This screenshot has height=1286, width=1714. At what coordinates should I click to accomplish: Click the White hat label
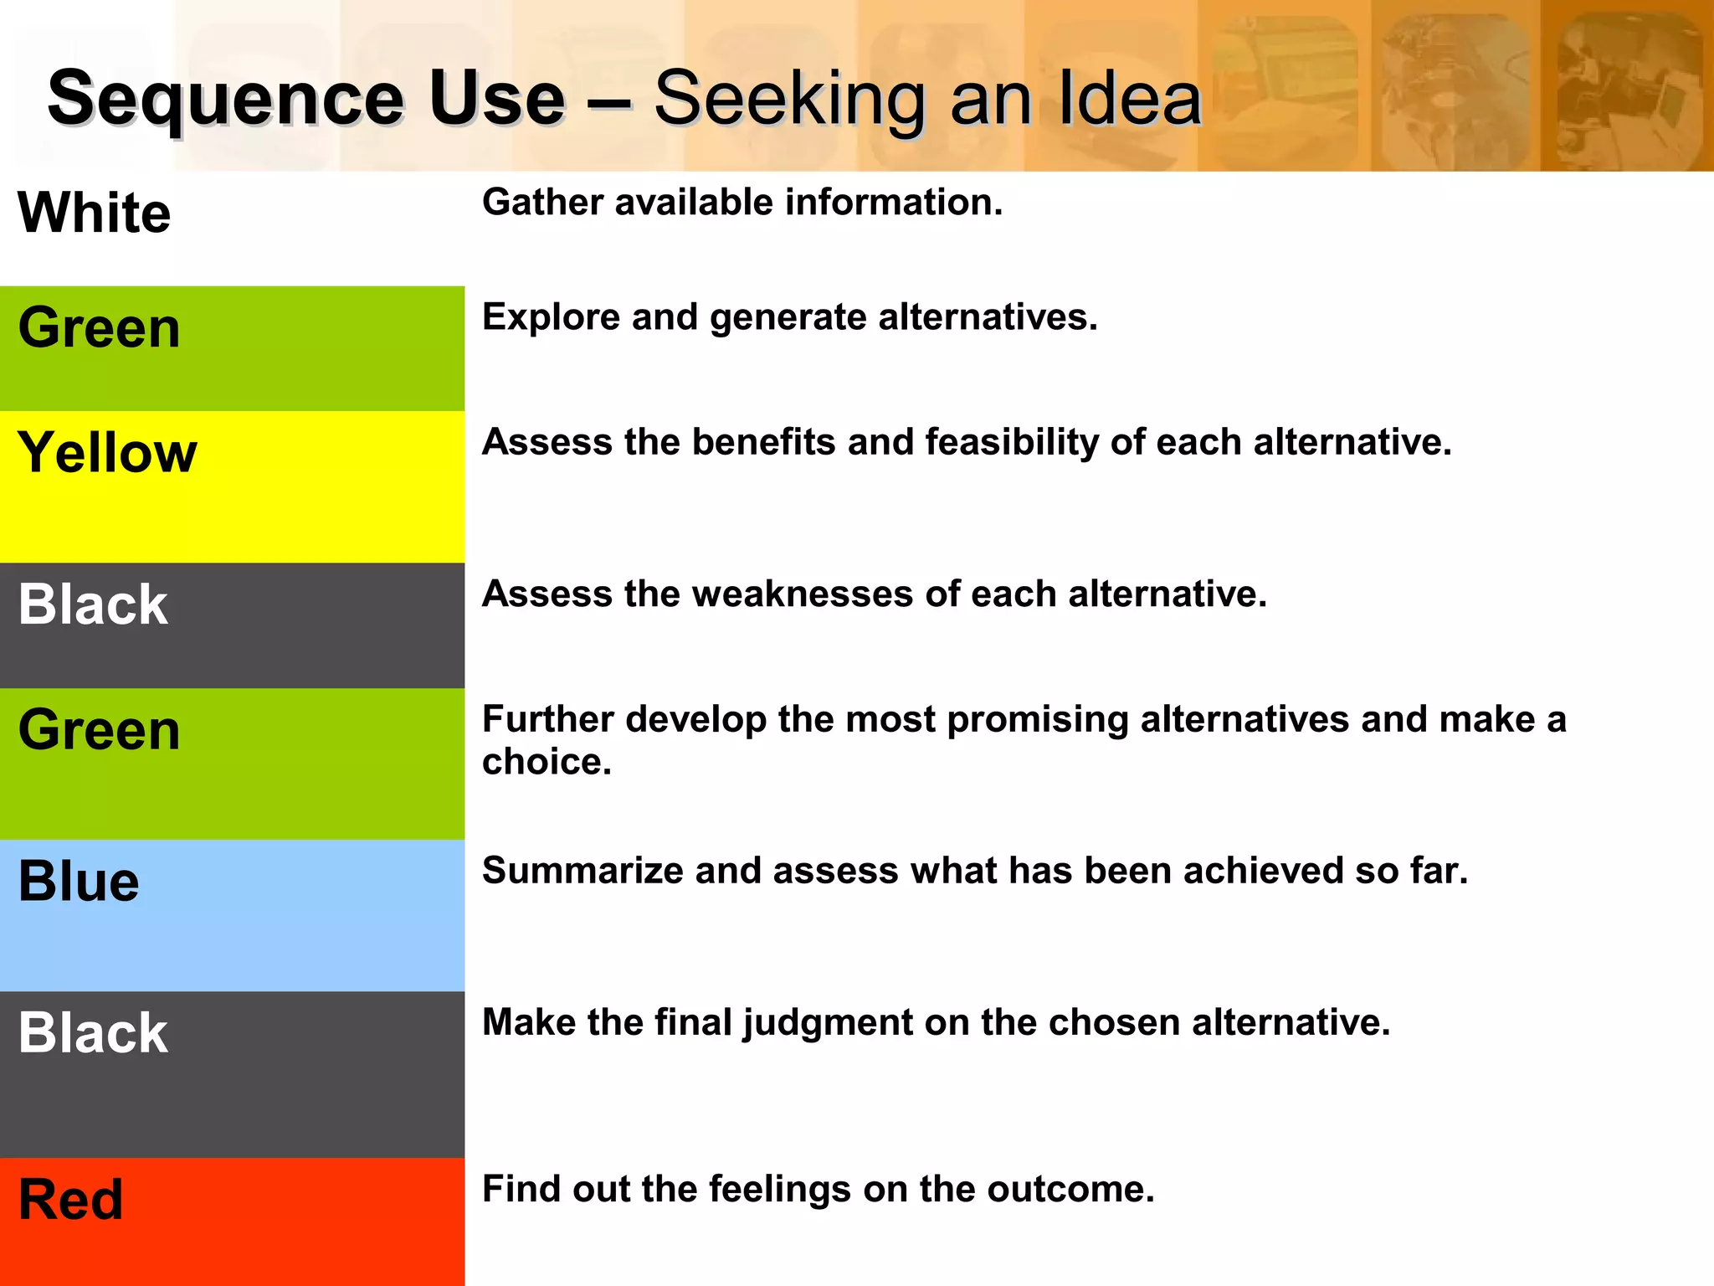click(x=94, y=213)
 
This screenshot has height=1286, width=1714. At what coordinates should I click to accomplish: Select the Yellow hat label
click(x=107, y=453)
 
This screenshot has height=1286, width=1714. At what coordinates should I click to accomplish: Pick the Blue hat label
click(x=79, y=882)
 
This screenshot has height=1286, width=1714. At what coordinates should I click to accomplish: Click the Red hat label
click(x=70, y=1200)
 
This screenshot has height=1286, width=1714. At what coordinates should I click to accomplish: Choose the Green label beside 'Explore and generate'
click(x=99, y=327)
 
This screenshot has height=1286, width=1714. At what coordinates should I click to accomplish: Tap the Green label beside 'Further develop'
click(x=99, y=730)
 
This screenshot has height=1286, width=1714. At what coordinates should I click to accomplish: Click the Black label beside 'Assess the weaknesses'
click(x=93, y=604)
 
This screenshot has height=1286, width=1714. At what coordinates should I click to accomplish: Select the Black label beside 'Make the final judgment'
click(x=93, y=1033)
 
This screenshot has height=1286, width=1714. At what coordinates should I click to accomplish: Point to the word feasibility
click(x=1012, y=443)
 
